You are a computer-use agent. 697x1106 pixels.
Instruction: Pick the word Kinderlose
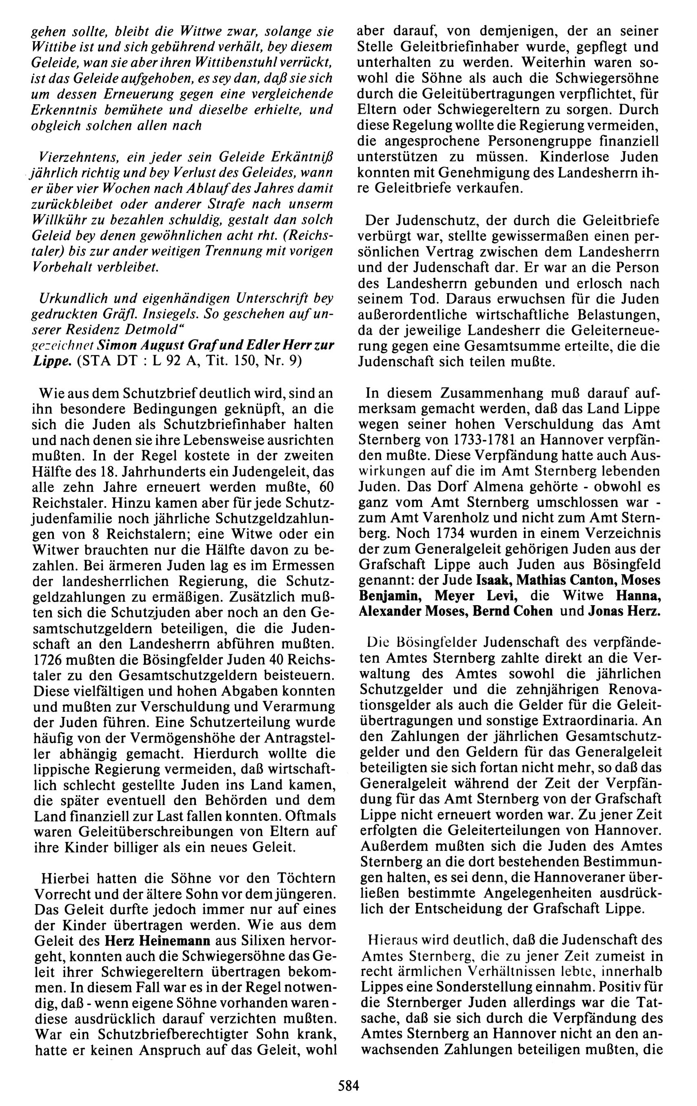click(x=579, y=157)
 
